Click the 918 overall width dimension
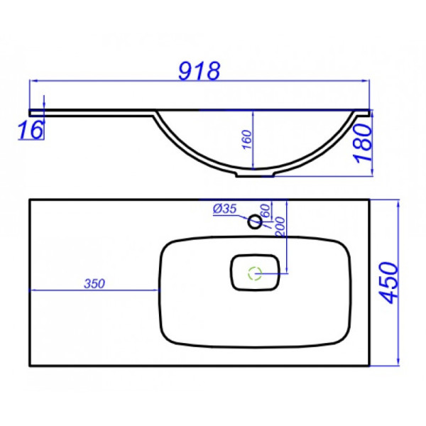pyautogui.click(x=199, y=71)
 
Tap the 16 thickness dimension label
pyautogui.click(x=31, y=130)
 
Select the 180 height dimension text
pyautogui.click(x=364, y=143)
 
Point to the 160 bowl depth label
pyautogui.click(x=247, y=139)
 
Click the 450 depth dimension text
pyautogui.click(x=389, y=283)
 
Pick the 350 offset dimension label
pyautogui.click(x=94, y=283)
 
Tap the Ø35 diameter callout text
pyautogui.click(x=224, y=209)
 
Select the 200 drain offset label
pyautogui.click(x=280, y=226)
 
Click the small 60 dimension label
pyautogui.click(x=266, y=210)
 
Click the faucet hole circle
pyautogui.click(x=255, y=222)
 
